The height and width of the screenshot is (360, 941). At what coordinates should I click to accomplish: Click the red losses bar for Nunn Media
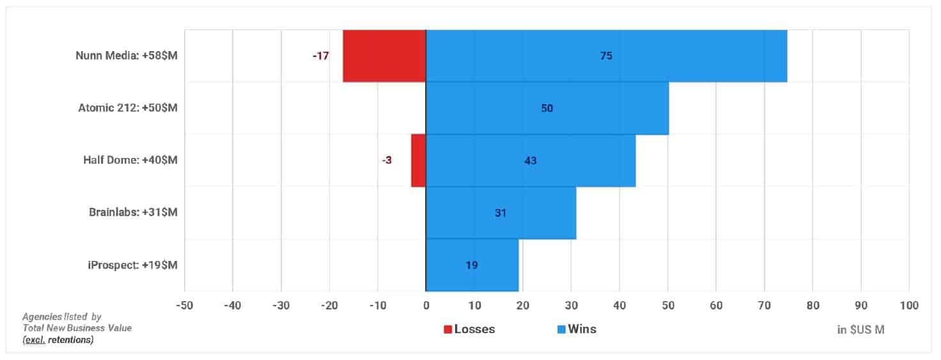click(384, 56)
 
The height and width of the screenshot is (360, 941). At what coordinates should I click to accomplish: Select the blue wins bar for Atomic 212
click(547, 108)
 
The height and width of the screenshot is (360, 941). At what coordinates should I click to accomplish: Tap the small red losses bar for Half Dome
click(419, 160)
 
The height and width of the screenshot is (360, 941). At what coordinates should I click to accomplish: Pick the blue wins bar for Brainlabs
click(501, 213)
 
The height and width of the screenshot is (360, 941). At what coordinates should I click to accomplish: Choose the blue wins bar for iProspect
click(472, 265)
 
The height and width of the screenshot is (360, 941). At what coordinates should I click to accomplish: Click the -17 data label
click(320, 56)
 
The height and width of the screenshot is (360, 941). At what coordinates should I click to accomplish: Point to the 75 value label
click(606, 56)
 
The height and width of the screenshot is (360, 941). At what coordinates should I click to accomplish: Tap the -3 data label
click(387, 160)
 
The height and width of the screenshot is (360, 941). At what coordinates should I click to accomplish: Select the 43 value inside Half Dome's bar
click(531, 160)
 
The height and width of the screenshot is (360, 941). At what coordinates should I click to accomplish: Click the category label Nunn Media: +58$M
click(127, 56)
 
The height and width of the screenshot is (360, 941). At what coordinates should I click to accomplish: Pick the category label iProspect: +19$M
click(132, 265)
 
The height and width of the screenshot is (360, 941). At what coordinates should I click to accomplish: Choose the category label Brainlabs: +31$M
click(133, 212)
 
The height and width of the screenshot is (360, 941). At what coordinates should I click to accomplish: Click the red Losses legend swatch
click(448, 329)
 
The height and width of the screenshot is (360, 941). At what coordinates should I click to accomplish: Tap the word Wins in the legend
click(582, 329)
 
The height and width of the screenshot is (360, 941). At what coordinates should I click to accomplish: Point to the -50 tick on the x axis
click(184, 306)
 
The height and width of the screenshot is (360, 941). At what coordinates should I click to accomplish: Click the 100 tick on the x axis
click(909, 306)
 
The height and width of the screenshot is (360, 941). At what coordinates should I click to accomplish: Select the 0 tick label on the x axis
click(426, 306)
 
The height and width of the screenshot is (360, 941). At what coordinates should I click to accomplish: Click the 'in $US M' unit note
click(860, 330)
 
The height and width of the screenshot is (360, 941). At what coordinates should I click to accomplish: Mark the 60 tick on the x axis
click(716, 306)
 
